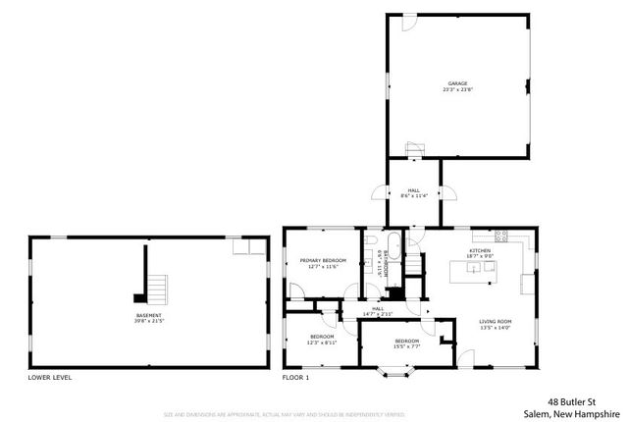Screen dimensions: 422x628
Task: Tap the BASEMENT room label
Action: pos(148,315)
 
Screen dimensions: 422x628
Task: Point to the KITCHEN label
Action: pos(479,251)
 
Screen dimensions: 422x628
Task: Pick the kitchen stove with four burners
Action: pos(500,236)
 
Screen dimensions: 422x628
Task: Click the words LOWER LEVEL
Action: pos(49,378)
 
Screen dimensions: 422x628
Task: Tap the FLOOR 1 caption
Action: pos(295,378)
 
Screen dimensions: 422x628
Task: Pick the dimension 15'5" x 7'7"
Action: pos(406,346)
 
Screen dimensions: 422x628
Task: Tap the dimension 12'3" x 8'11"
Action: pos(322,343)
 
